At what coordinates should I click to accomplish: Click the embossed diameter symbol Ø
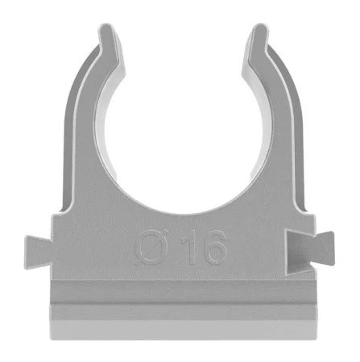(151, 248)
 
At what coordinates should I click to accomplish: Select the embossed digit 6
(214, 248)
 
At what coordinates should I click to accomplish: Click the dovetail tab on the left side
(38, 253)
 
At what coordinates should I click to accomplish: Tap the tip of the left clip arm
(107, 26)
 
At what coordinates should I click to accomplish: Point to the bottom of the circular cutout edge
(183, 214)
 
